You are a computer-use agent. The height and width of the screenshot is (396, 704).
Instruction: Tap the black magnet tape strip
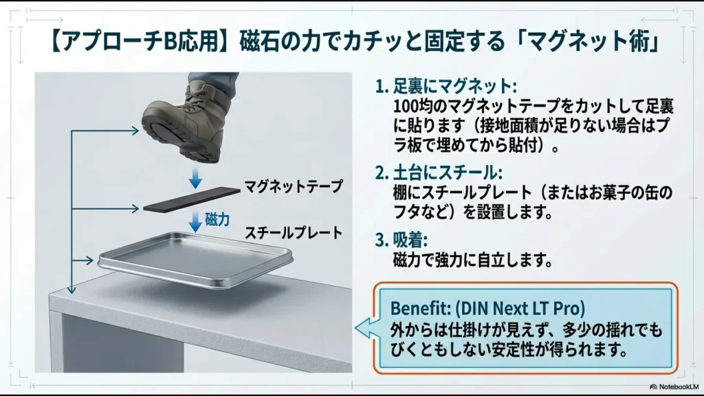point(192,199)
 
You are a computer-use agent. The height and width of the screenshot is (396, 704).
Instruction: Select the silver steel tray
point(195,259)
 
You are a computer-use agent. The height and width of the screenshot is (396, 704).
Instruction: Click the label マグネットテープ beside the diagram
point(293,186)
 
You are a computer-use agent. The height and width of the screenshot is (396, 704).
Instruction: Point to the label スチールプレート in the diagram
point(293,232)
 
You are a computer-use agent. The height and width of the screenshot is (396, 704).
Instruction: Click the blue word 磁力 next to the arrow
point(217,219)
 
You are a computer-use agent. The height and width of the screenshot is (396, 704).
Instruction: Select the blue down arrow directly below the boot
point(195,178)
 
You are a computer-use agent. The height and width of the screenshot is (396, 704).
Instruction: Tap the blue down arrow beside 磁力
point(195,221)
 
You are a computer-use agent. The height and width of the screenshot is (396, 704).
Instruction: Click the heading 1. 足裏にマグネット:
point(445,86)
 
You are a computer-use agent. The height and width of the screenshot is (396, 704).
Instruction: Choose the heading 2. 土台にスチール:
point(439,173)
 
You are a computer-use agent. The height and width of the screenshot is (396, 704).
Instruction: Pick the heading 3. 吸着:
point(401,241)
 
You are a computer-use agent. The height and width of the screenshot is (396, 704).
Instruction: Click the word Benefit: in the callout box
point(421,309)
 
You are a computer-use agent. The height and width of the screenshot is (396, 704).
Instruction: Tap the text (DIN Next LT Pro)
point(520,309)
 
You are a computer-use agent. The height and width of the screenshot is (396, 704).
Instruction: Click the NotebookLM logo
point(674,386)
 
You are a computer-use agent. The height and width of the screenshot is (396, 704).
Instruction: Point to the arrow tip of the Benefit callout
point(355,328)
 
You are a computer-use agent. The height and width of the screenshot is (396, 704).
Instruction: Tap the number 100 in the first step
point(404,107)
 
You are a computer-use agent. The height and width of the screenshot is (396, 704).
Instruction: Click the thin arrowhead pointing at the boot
point(135,131)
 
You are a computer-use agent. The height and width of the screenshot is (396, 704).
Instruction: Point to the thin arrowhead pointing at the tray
point(89,260)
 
